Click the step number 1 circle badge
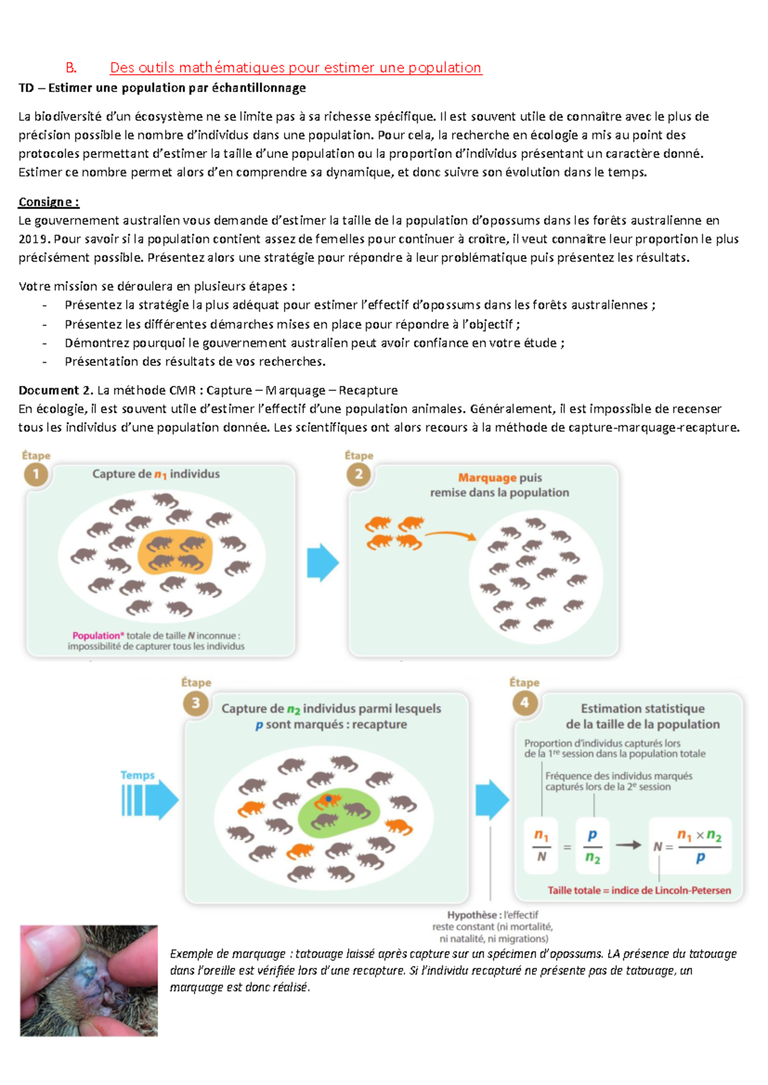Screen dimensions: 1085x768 36,475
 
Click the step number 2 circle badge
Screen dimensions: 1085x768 359,475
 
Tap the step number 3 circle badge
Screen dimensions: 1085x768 196,703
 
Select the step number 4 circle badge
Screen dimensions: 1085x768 524,703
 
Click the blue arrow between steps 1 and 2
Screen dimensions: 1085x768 323,562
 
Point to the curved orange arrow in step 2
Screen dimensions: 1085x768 451,534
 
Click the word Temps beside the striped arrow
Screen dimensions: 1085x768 138,775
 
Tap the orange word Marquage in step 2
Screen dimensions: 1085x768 487,478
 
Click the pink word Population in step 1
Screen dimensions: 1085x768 97,635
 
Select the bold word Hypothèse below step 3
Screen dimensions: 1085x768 472,915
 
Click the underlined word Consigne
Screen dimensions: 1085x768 48,202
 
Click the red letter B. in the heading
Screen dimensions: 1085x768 71,68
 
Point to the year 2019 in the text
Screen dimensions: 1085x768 33,239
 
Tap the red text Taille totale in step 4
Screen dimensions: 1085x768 574,890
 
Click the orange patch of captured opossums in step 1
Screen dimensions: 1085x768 175,552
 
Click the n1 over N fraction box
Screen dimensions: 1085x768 541,846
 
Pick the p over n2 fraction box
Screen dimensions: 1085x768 593,846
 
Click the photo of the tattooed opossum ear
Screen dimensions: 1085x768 88,980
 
